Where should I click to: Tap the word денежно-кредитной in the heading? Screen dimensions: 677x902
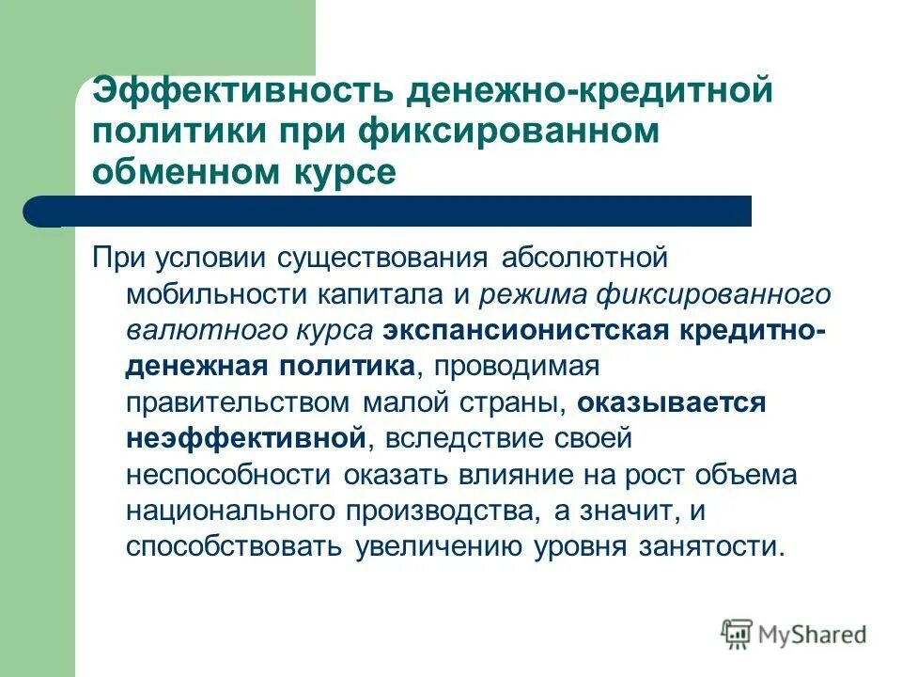coord(589,91)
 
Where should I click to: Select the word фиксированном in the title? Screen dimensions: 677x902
coord(508,132)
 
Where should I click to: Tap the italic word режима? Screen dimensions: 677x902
coord(531,294)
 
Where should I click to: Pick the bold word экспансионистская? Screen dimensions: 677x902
coord(523,330)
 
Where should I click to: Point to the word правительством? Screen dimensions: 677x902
coord(239,402)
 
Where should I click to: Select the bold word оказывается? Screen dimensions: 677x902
coord(673,402)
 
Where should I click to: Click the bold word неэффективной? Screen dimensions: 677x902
coord(244,438)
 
